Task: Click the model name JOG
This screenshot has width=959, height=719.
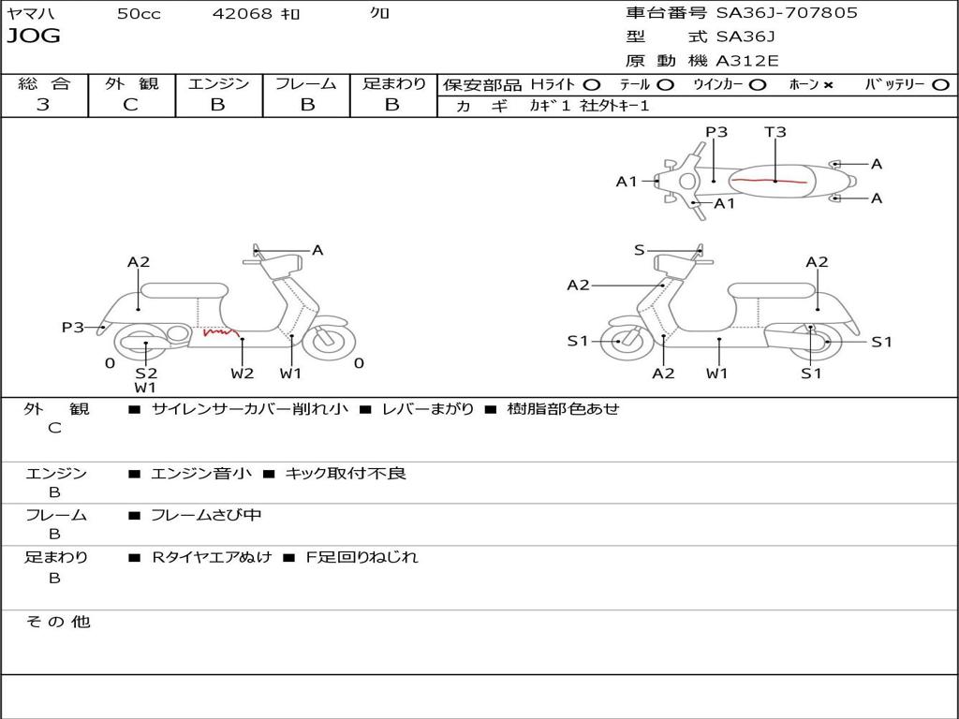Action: pos(34,37)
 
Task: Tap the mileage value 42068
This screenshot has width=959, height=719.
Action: pos(243,14)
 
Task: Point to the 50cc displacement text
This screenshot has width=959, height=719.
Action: pos(138,14)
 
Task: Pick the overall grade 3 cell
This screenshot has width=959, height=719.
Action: pos(43,105)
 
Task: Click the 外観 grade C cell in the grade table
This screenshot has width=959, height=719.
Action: pos(131,105)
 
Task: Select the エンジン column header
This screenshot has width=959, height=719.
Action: pos(218,84)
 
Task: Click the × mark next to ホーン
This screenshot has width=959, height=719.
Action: pos(828,85)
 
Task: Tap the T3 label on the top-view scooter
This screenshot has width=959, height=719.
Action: pos(775,132)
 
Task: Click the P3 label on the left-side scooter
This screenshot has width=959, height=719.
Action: pos(73,328)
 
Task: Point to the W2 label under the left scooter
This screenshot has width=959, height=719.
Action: pos(243,374)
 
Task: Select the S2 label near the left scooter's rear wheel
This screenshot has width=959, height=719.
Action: pos(145,374)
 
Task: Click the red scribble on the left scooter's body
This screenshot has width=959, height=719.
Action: pos(220,331)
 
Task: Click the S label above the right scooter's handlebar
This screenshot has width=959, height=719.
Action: pos(640,250)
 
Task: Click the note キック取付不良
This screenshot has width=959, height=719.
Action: pos(346,474)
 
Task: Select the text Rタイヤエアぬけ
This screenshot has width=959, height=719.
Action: pos(212,557)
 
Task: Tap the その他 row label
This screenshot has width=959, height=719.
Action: pos(57,622)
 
